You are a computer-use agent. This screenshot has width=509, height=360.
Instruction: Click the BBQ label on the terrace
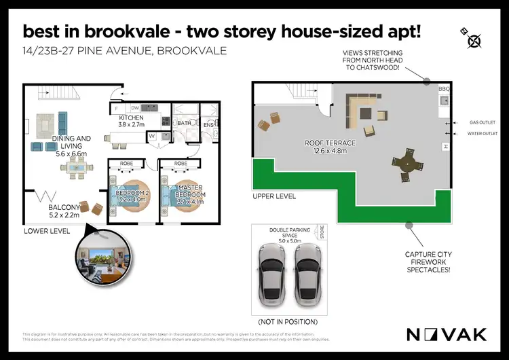(x=445, y=90)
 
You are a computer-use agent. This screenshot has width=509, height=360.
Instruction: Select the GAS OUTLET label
(x=481, y=123)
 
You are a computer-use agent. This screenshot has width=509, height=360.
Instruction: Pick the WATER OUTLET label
(x=483, y=134)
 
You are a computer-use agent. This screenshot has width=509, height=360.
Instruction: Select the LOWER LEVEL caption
(x=48, y=231)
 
